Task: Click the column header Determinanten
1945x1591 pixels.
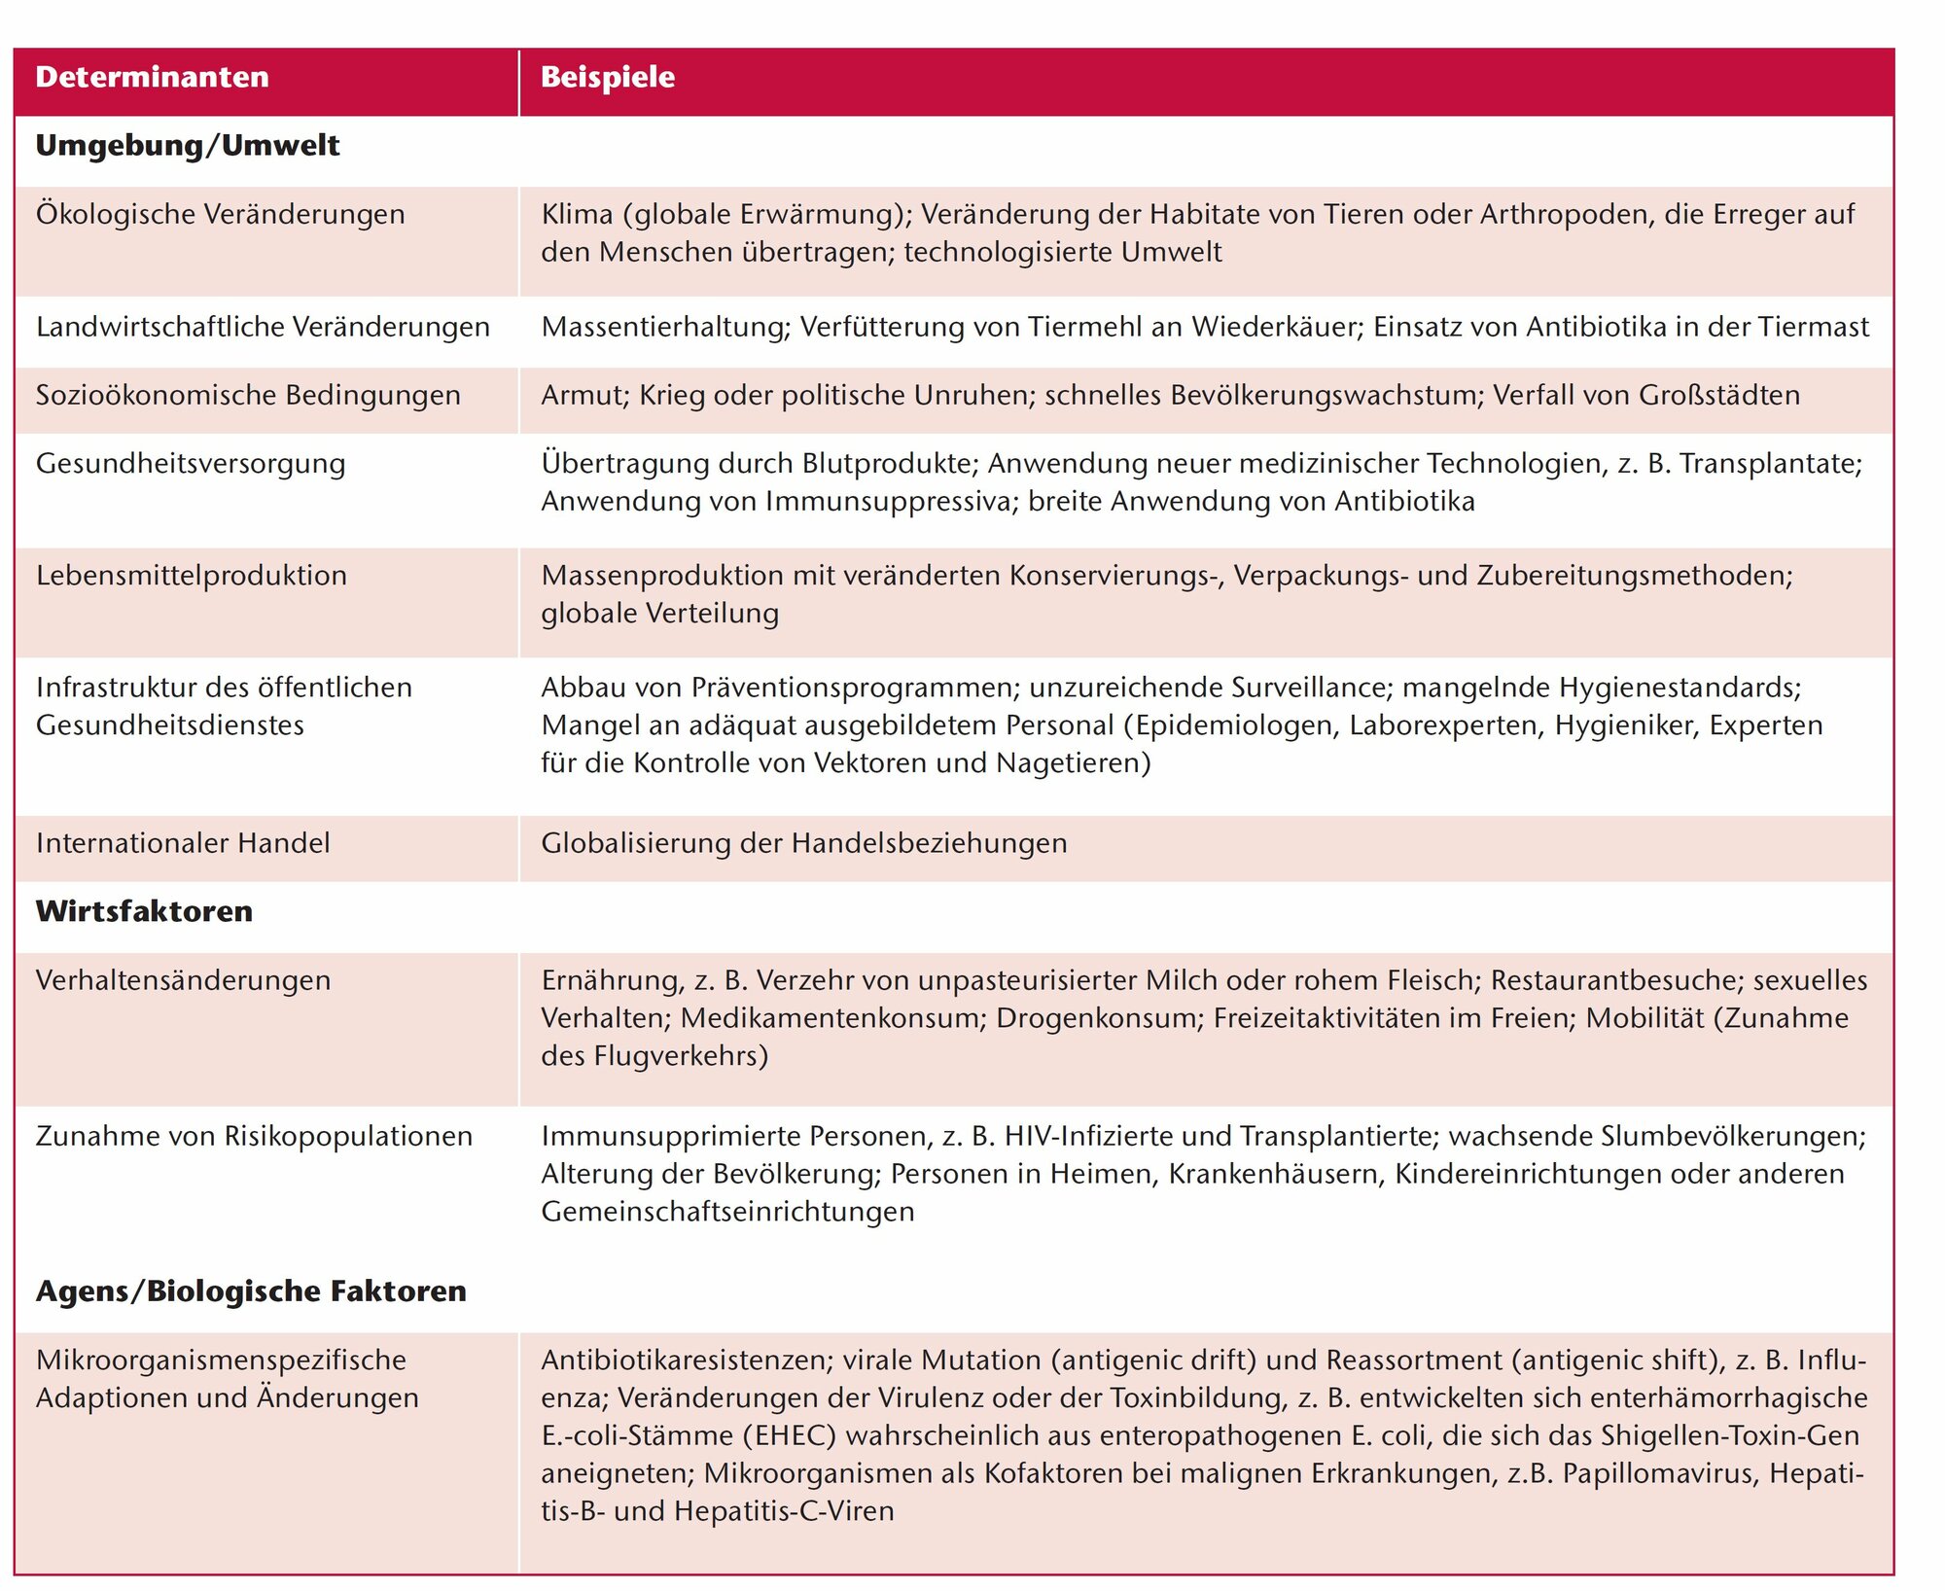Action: coord(152,77)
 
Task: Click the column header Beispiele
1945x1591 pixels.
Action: coord(607,77)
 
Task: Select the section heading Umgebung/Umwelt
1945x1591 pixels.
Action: coord(187,146)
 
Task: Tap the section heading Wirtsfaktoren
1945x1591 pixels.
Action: coord(144,911)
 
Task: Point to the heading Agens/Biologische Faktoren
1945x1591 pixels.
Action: coord(251,1290)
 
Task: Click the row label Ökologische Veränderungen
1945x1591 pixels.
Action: coord(220,214)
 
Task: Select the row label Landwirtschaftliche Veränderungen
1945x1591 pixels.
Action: coord(263,327)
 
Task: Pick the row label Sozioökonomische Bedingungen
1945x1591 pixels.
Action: coord(248,395)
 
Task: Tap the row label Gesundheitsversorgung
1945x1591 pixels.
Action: coord(191,463)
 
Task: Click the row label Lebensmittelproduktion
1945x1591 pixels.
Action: coord(192,575)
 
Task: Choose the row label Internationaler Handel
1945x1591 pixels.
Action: coord(183,842)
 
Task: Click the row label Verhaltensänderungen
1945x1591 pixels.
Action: coord(183,979)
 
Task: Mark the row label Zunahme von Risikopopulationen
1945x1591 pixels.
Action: coord(254,1136)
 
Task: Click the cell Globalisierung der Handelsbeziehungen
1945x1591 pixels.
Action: coord(803,842)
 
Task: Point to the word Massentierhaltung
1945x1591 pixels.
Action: coord(665,327)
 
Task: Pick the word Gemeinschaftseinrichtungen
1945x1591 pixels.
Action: coord(727,1212)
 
